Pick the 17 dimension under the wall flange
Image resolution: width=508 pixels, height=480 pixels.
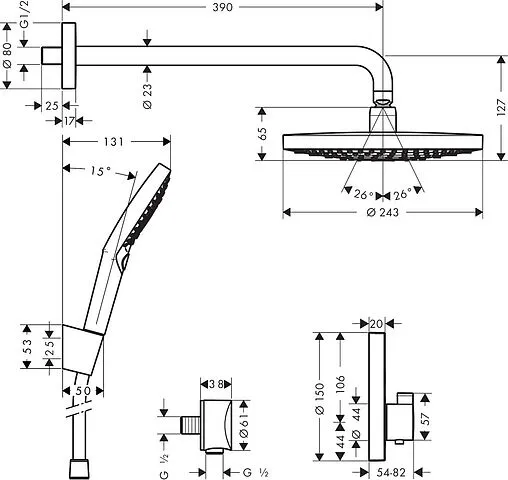tap(70, 121)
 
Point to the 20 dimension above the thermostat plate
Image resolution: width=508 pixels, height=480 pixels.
tap(376, 323)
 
